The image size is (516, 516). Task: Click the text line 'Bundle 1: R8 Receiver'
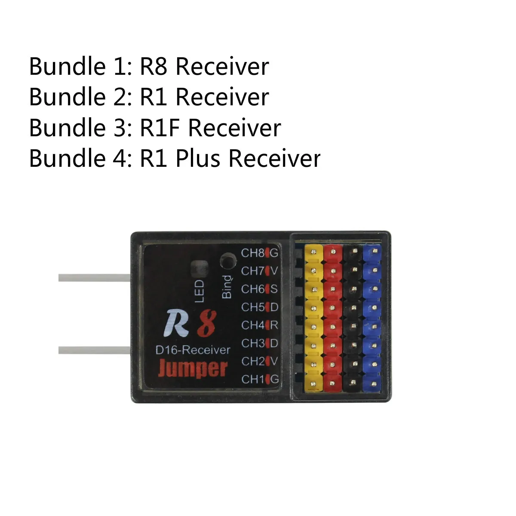click(149, 67)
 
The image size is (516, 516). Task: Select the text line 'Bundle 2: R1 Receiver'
click(149, 97)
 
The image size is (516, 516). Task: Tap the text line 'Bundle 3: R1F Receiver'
click(155, 128)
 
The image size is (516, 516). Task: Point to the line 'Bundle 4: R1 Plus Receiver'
click(175, 158)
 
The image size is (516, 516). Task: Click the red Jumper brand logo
click(192, 369)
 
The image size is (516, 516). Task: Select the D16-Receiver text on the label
click(192, 350)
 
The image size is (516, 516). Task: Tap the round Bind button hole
click(228, 261)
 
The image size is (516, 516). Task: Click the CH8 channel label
click(252, 253)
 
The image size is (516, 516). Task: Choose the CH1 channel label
click(252, 379)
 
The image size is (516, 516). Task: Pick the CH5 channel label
click(252, 307)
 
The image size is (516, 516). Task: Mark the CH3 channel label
click(252, 343)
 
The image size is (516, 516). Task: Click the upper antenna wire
click(94, 278)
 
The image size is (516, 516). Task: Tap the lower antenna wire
click(94, 350)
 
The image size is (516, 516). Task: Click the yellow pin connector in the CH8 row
click(313, 253)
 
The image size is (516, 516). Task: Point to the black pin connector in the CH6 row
click(353, 289)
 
